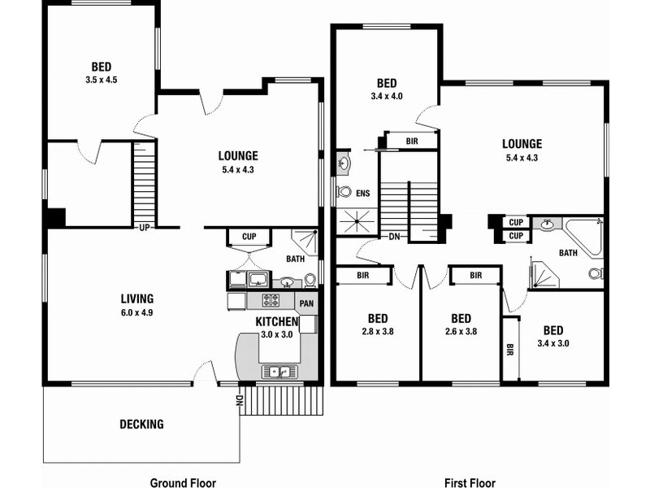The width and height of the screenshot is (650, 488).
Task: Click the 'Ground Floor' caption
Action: (x=182, y=482)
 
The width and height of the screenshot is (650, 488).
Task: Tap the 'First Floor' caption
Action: (x=469, y=482)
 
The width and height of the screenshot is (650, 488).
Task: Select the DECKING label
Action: (x=141, y=424)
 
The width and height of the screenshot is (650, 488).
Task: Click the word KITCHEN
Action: (x=276, y=322)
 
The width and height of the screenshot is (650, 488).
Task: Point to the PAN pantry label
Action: (x=306, y=303)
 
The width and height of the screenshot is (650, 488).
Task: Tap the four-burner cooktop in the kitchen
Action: (x=271, y=301)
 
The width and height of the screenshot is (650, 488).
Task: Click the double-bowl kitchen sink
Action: (x=279, y=372)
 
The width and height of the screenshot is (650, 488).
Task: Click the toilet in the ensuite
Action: (x=344, y=193)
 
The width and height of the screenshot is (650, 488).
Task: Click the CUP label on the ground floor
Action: (x=249, y=237)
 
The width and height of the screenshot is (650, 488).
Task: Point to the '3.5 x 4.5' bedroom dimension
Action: (x=102, y=80)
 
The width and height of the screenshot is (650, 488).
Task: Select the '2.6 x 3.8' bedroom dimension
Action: (x=461, y=331)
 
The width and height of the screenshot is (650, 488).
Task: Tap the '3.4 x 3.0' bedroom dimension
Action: (x=553, y=343)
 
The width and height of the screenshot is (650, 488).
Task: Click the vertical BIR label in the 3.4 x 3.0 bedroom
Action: (x=510, y=351)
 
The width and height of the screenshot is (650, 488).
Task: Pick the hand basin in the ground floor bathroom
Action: (x=287, y=282)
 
